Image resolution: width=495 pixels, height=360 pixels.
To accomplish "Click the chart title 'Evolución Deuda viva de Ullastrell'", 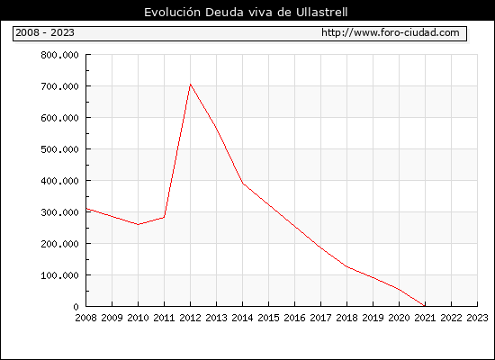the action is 246,13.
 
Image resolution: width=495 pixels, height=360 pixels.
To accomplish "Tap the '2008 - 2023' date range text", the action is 45,32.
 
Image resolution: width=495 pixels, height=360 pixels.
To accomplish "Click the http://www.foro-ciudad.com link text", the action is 391,32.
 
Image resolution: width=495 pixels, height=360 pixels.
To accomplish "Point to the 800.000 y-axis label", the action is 59,55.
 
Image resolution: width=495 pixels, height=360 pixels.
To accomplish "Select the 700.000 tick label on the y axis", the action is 59,86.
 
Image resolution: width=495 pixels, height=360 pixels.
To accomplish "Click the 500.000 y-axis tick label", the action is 59,149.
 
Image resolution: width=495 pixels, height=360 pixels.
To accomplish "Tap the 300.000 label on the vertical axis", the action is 59,212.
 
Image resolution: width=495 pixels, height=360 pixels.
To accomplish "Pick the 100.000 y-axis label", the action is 59,275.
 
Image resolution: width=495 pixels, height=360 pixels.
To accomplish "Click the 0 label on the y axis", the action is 76,307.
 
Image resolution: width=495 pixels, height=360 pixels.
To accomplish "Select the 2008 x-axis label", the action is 85,318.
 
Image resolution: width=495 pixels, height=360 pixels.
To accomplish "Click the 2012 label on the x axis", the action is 190,318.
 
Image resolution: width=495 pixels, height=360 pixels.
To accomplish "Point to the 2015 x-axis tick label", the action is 268,318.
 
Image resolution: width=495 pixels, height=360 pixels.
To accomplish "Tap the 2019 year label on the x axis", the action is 373,318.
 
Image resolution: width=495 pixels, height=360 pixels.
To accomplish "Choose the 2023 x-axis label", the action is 477,318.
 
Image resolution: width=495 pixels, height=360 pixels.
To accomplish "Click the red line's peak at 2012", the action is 190,84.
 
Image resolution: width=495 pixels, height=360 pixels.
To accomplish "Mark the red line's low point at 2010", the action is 138,224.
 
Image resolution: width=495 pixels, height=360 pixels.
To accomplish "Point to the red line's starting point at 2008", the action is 86,209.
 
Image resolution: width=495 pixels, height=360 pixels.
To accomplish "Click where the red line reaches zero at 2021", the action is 425,306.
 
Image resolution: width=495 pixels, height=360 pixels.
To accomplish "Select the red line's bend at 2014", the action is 242,184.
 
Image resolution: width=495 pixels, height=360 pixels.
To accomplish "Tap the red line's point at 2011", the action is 164,217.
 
